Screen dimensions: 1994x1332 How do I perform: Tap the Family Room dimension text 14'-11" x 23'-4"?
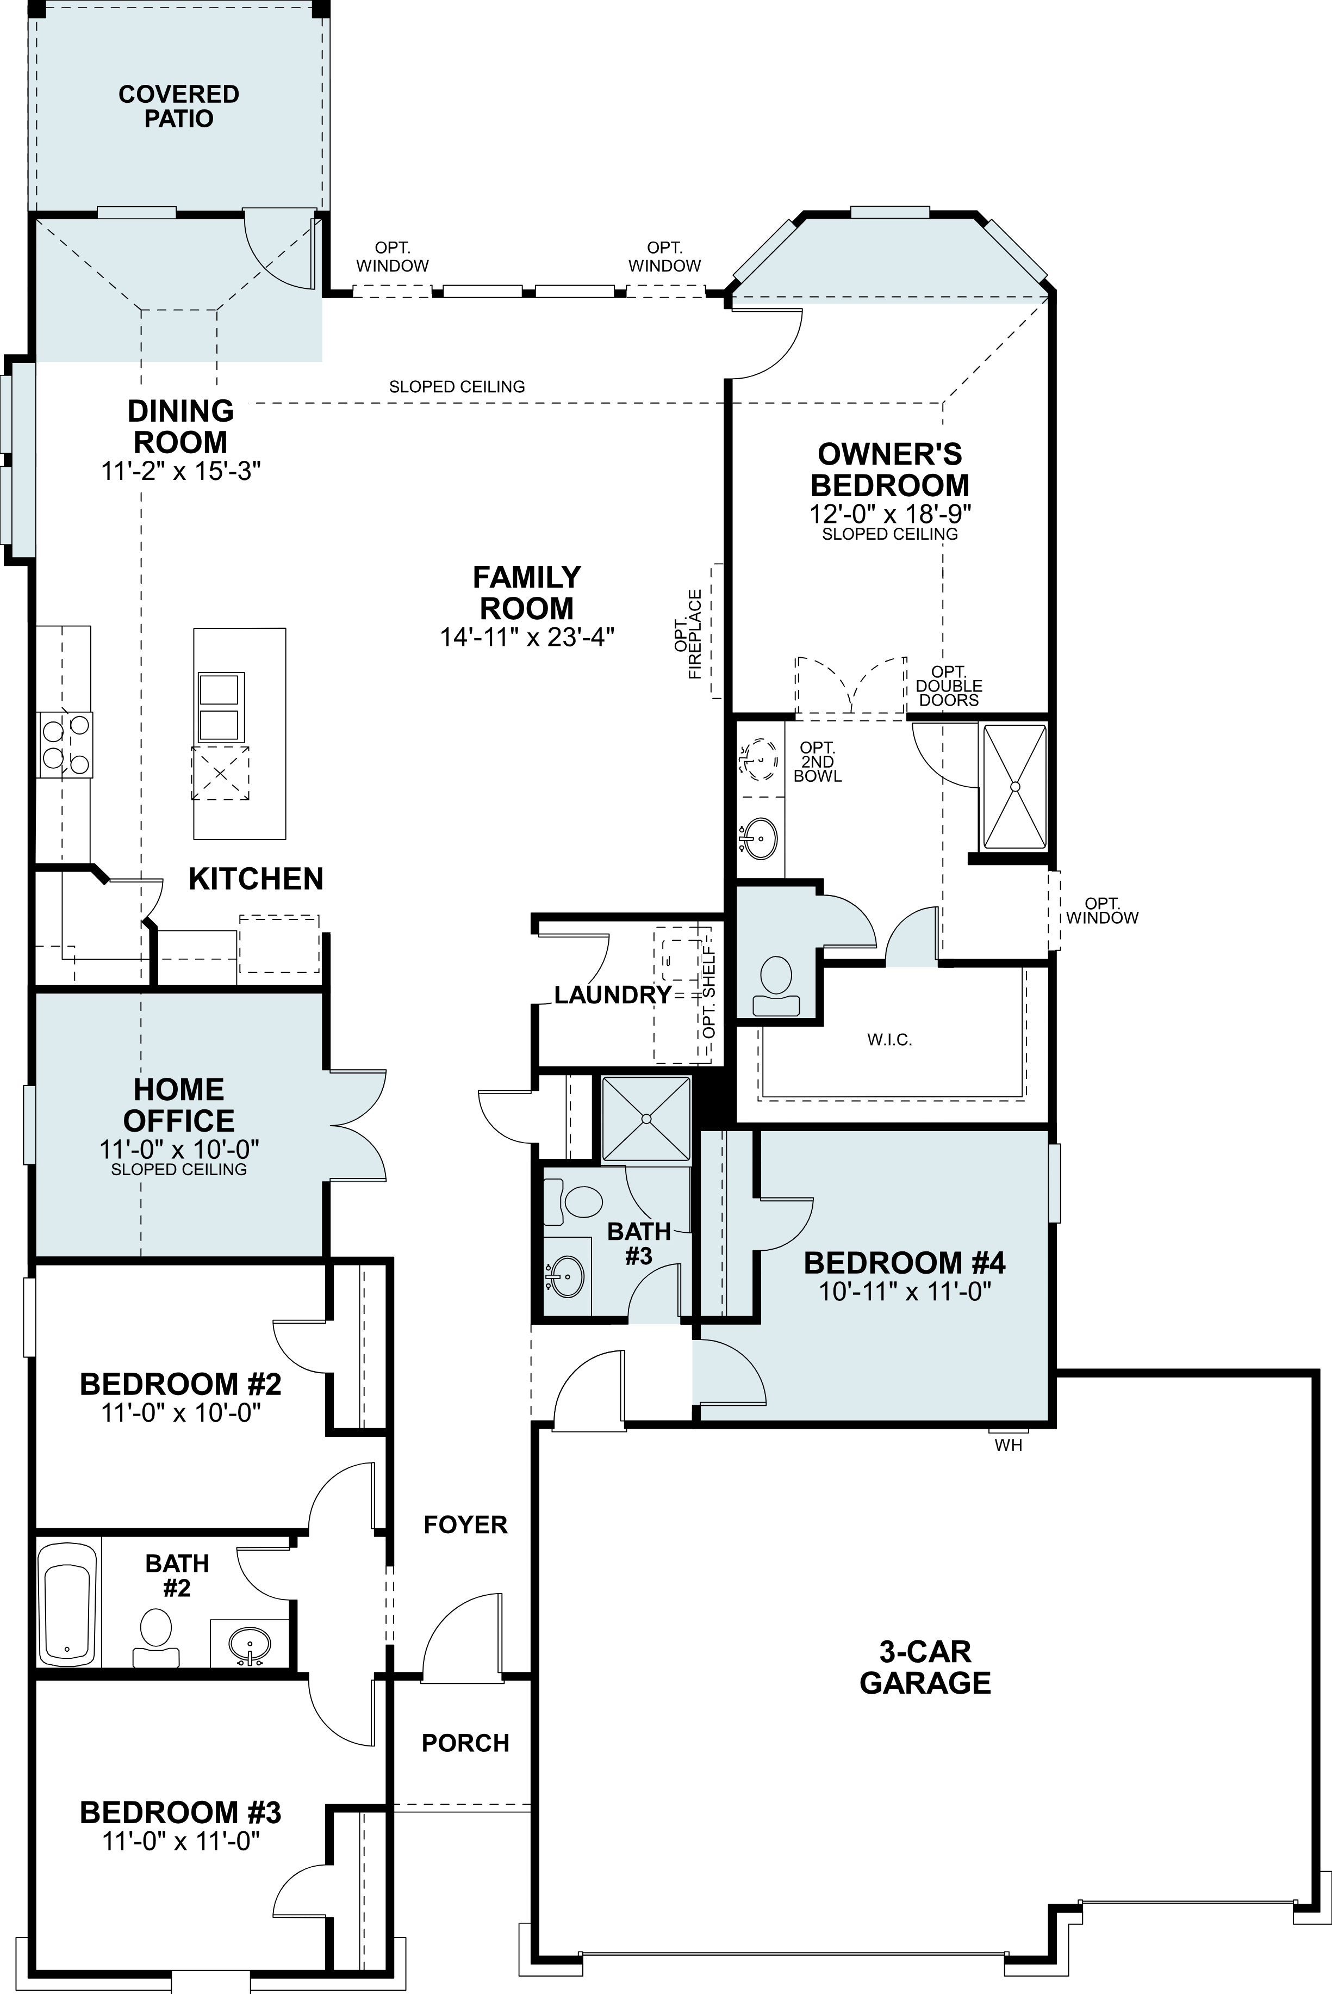coord(527,638)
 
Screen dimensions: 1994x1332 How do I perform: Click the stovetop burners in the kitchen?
coord(65,745)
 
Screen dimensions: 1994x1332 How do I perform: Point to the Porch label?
coord(465,1743)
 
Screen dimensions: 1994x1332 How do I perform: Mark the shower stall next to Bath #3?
coord(646,1119)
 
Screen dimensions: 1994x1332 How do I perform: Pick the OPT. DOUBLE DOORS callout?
coord(949,686)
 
